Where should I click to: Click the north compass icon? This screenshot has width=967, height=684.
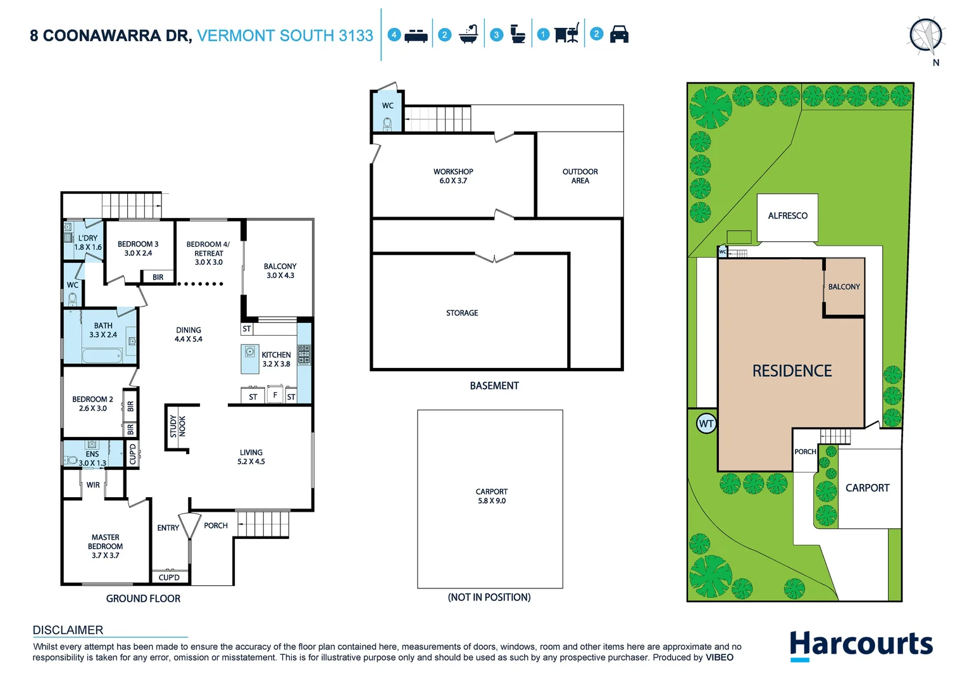(926, 35)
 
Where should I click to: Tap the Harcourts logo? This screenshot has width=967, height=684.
(861, 645)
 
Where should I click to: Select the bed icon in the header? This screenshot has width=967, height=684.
(416, 35)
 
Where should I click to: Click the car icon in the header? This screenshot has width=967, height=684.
(619, 35)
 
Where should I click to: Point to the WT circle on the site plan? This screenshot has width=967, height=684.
(706, 424)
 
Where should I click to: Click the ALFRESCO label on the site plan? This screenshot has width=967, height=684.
(787, 216)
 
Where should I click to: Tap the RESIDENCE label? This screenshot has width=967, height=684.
(792, 371)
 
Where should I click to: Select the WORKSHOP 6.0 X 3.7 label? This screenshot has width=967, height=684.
(453, 176)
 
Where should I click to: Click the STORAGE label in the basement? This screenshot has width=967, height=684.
(462, 313)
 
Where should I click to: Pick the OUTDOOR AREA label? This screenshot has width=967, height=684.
(580, 176)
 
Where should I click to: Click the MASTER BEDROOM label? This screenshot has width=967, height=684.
(105, 546)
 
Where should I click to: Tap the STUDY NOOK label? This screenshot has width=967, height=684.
(178, 426)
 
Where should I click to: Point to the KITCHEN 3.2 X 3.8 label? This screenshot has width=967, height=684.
(276, 359)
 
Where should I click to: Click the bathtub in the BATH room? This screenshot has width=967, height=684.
(102, 355)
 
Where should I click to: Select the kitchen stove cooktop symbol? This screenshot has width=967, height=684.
(304, 355)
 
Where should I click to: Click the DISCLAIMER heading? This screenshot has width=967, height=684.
(68, 630)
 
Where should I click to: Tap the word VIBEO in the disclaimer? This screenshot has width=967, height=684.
(720, 657)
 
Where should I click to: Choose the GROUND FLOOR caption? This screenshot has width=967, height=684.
(143, 598)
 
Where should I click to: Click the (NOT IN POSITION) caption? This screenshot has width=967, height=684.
(489, 597)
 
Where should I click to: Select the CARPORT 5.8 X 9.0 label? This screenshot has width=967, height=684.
(492, 496)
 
